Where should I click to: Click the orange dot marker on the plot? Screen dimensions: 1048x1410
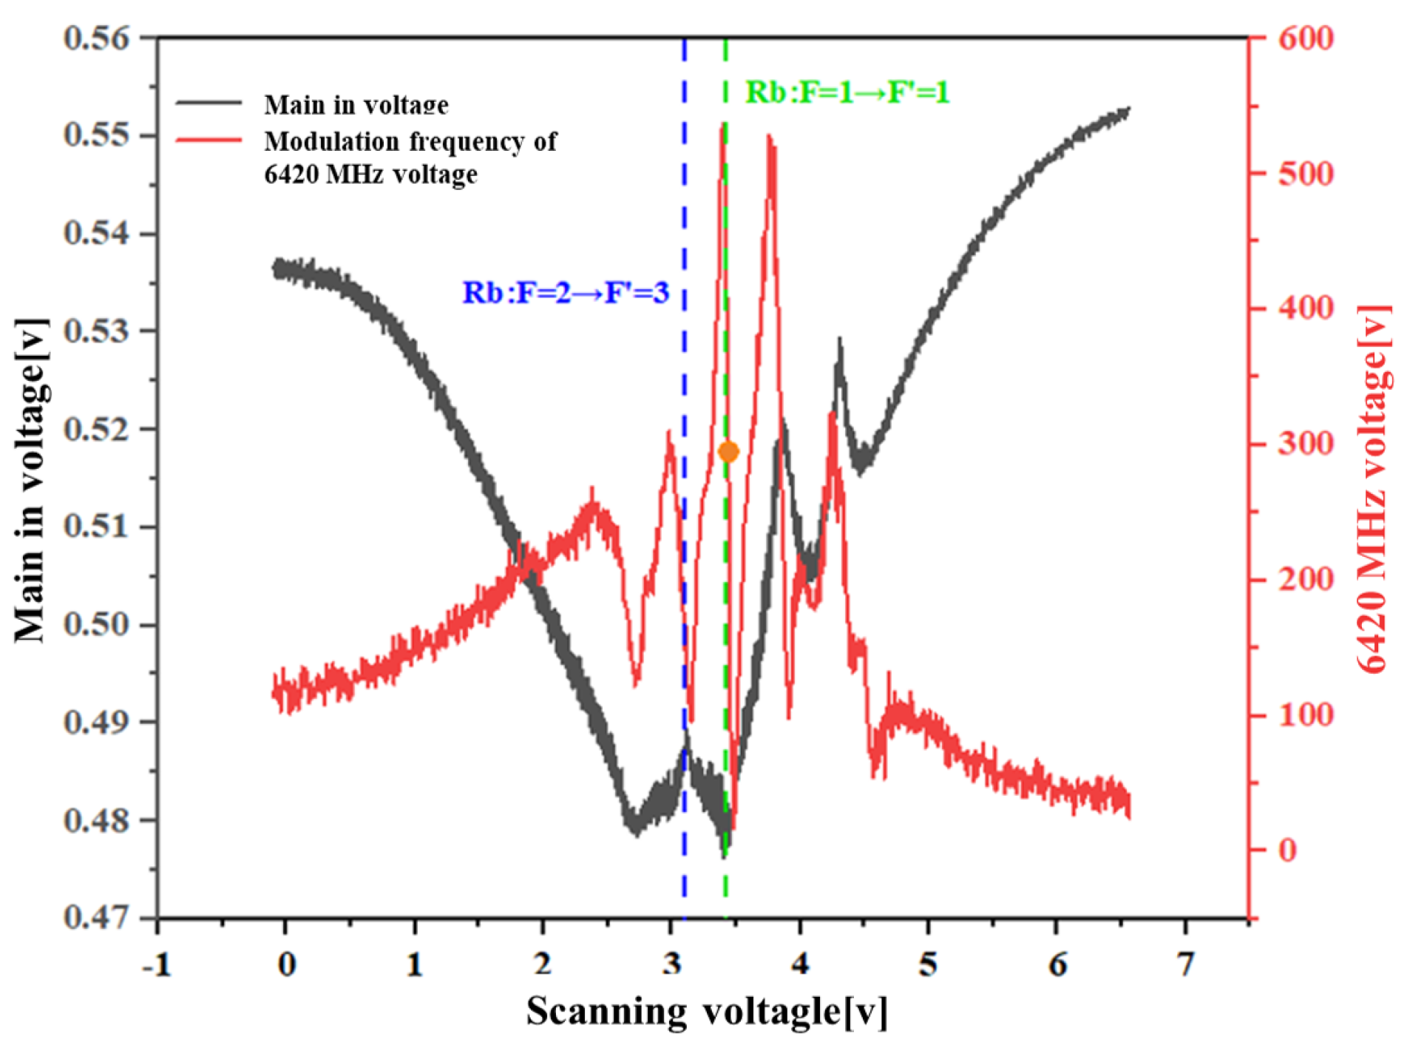(728, 451)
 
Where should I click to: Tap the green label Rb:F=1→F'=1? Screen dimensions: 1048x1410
(847, 92)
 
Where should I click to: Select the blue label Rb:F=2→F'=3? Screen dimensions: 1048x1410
(566, 293)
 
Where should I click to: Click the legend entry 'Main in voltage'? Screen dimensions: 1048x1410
(356, 104)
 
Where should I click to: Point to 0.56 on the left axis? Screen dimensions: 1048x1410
(96, 38)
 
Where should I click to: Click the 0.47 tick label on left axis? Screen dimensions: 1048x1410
(96, 917)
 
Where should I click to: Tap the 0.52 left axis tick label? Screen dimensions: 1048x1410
(96, 429)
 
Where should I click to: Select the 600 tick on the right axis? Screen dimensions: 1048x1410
(1306, 38)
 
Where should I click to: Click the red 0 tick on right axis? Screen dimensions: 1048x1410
(1287, 850)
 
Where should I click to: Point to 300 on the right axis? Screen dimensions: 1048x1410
(1306, 444)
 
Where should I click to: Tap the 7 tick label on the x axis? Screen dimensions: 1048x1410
(1185, 964)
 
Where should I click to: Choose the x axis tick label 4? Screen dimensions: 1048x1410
(799, 964)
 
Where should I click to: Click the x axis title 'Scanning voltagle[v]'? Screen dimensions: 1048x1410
(706, 1011)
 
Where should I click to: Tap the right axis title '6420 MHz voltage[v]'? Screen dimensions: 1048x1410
(1374, 488)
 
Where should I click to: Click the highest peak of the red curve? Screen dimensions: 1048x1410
(722, 127)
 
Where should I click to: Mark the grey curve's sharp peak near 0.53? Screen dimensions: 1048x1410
(839, 340)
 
